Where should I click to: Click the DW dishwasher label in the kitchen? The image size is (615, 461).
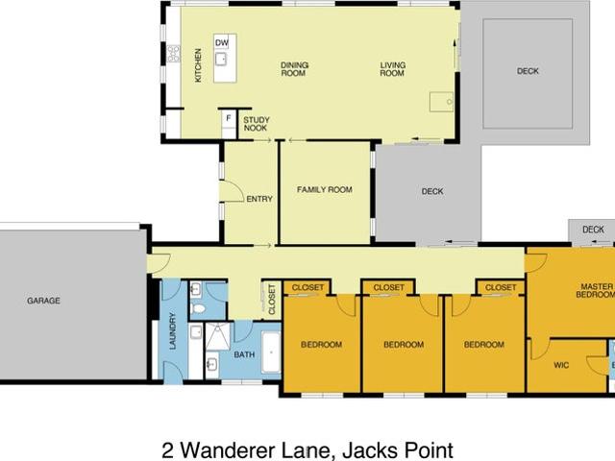point(222,42)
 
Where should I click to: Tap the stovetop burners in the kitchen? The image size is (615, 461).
point(174,54)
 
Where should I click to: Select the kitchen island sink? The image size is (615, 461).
point(221,59)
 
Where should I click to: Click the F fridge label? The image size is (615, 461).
point(229,118)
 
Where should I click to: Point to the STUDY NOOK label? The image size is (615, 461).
point(257,124)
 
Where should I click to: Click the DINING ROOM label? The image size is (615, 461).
point(294,69)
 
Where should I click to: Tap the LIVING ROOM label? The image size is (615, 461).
point(393,69)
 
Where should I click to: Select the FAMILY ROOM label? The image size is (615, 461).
point(325,190)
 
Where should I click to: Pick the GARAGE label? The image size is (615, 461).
point(43,301)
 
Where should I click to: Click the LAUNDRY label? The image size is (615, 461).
point(173,330)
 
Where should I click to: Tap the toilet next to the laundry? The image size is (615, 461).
point(199,308)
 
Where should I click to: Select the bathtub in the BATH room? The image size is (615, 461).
point(271,352)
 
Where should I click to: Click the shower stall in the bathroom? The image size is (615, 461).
point(218,336)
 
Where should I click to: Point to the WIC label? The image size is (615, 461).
point(561,365)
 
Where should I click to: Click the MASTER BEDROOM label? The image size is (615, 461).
point(596,290)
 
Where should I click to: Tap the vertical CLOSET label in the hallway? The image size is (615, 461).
point(271,300)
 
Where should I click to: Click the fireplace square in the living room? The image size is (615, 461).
point(441,102)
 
